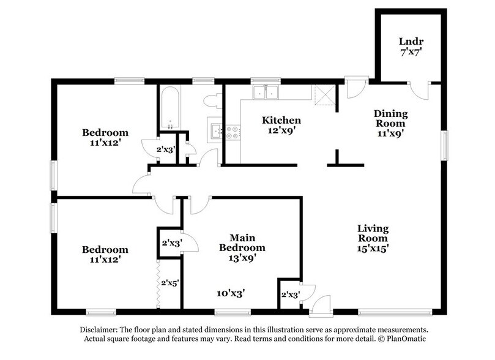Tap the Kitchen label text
[281, 120]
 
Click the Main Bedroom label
[242, 242]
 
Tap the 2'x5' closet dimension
[169, 283]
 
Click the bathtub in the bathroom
[169, 107]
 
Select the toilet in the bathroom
[212, 100]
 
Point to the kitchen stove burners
[233, 132]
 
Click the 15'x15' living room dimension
[373, 249]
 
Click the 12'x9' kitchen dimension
[281, 130]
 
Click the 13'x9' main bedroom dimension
[242, 258]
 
